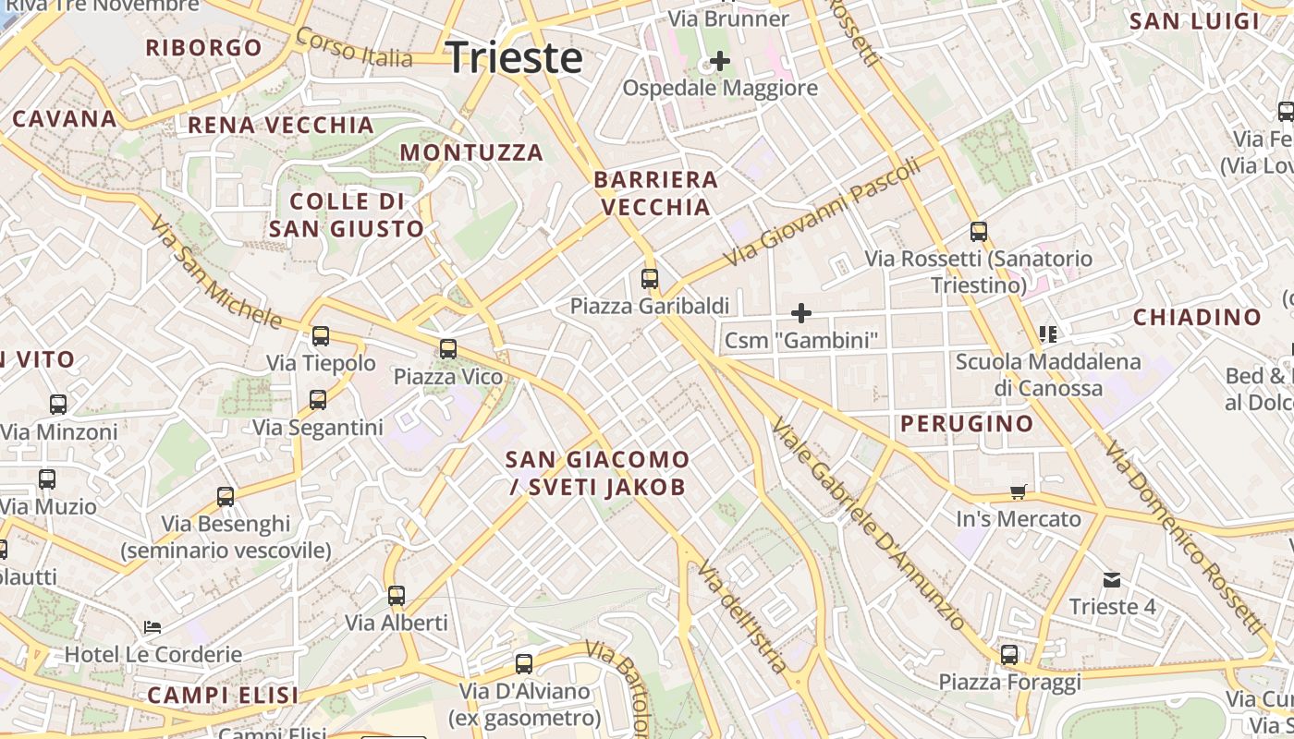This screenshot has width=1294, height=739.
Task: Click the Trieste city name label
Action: pyautogui.click(x=514, y=57)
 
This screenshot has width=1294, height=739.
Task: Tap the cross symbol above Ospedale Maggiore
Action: pyautogui.click(x=719, y=62)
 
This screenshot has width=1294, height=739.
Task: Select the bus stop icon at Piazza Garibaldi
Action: pyautogui.click(x=650, y=278)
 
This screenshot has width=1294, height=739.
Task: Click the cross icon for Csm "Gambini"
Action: pyautogui.click(x=801, y=313)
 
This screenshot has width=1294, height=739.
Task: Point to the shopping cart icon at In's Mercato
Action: pyautogui.click(x=1019, y=492)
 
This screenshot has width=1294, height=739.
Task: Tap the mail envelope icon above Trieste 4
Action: pyautogui.click(x=1112, y=580)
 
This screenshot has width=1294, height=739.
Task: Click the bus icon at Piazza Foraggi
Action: pyautogui.click(x=1009, y=655)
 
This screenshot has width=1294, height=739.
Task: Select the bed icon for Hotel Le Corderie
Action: pyautogui.click(x=153, y=627)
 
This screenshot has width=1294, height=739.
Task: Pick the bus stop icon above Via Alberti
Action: pyautogui.click(x=397, y=596)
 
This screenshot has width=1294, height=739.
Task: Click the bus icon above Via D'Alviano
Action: pyautogui.click(x=524, y=664)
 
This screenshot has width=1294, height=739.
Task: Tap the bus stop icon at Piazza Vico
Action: pyautogui.click(x=448, y=349)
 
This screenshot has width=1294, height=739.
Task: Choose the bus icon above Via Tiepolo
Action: pyautogui.click(x=321, y=336)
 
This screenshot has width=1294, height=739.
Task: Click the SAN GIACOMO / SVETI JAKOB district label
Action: pyautogui.click(x=597, y=473)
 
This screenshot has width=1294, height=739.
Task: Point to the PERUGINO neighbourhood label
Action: pyautogui.click(x=967, y=424)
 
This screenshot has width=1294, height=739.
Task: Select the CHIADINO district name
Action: pyautogui.click(x=1197, y=317)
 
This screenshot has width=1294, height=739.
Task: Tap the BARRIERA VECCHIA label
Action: pyautogui.click(x=655, y=193)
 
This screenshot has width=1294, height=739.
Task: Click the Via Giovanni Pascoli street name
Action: pyautogui.click(x=822, y=211)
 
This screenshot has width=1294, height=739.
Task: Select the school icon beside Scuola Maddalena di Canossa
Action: pyautogui.click(x=1047, y=333)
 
